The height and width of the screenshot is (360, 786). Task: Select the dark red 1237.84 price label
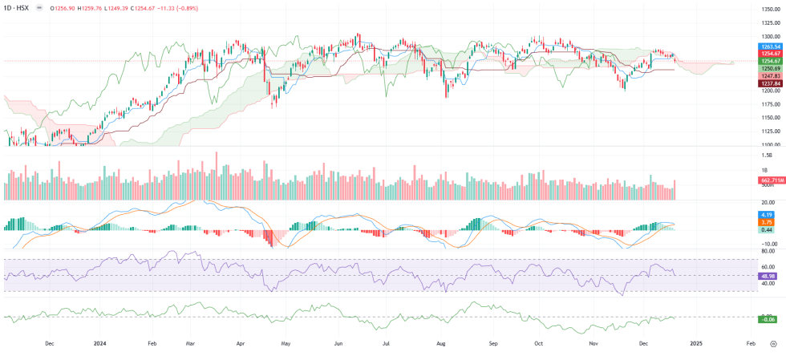770,83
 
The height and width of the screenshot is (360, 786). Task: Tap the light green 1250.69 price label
770,68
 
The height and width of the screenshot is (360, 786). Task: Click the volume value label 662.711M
771,180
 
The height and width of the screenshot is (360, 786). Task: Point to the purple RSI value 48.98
768,275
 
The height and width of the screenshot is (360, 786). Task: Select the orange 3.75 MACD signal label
767,223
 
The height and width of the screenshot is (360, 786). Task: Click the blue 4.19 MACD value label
767,215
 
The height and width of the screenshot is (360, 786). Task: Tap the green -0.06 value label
768,320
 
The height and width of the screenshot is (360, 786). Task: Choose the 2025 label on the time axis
696,343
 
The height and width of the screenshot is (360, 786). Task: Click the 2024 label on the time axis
99,343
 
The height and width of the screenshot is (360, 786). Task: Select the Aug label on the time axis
440,343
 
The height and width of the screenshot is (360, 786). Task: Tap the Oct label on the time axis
539,343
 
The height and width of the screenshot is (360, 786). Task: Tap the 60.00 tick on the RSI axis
767,267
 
